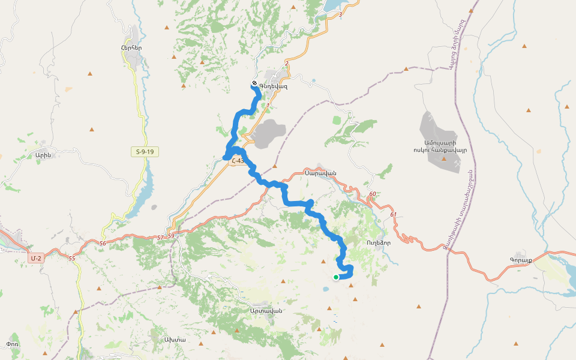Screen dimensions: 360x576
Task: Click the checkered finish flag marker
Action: coord(254,83)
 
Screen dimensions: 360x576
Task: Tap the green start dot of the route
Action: coord(335,277)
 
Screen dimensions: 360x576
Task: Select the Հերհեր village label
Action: coord(131,47)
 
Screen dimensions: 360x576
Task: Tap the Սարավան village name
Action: coord(320,173)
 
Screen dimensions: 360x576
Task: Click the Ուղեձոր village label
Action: coord(379,244)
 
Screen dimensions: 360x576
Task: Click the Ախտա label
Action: coord(175,340)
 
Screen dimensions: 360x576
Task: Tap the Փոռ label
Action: coord(13,344)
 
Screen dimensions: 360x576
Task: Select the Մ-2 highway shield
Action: coord(36,258)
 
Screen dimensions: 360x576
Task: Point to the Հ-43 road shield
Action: coord(237,161)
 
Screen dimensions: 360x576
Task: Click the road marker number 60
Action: coord(373,194)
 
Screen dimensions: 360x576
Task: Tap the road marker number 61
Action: coord(393,214)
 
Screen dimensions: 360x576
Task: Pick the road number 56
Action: coord(103,243)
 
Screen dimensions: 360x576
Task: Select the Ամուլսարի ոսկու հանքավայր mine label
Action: coord(440,146)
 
